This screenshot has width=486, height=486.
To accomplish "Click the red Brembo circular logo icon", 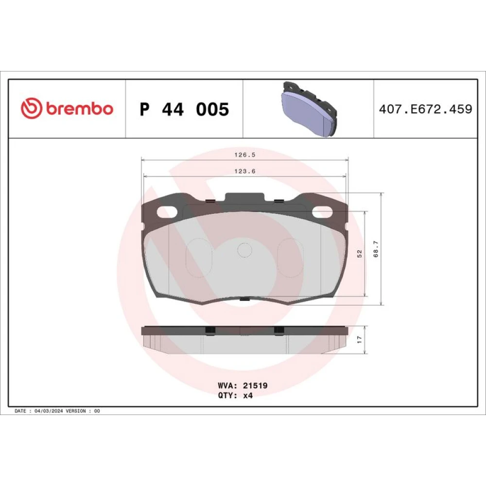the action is (x=31, y=108).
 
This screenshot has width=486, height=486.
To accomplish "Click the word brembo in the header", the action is (x=80, y=108).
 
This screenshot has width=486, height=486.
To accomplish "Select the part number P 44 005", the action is (x=184, y=109).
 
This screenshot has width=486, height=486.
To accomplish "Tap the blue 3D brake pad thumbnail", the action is (x=309, y=109).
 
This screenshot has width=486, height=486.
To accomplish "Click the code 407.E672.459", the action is (x=425, y=109).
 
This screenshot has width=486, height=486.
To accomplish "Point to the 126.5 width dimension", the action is (x=245, y=155).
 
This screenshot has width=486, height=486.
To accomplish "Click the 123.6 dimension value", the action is (x=245, y=171).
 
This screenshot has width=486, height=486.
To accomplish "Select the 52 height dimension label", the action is (x=359, y=254).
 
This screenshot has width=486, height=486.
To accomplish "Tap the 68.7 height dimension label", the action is (x=376, y=249).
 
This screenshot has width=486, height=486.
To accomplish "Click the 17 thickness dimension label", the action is (x=359, y=339).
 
